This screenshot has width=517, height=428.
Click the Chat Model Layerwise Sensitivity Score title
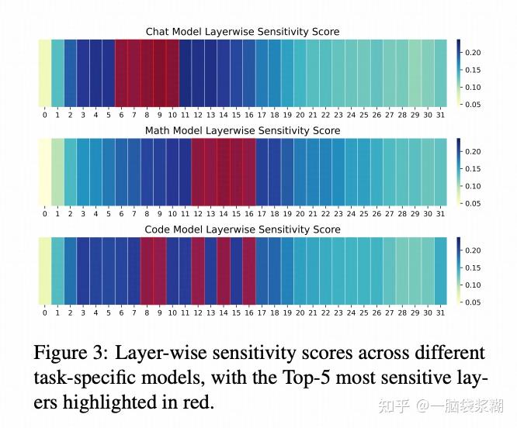(x=242, y=32)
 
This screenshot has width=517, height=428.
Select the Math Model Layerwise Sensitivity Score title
(x=242, y=130)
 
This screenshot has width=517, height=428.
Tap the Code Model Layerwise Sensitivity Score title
(x=242, y=230)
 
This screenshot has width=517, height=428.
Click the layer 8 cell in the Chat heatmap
(x=147, y=72)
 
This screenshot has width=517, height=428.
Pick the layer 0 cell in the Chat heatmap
(x=44, y=72)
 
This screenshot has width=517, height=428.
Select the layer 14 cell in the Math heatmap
(x=223, y=171)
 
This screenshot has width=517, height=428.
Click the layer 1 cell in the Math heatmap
(x=57, y=171)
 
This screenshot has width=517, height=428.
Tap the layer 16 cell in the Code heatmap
(x=248, y=270)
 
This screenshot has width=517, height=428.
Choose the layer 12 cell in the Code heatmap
(x=198, y=270)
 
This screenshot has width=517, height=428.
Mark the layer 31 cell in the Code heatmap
(x=440, y=270)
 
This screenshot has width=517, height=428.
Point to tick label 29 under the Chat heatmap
(x=415, y=116)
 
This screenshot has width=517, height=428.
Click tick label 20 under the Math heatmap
(x=300, y=214)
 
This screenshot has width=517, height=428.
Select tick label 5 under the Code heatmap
(x=109, y=313)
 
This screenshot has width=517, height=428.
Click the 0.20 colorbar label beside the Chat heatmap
(x=473, y=52)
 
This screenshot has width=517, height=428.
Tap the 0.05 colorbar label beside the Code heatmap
(x=473, y=302)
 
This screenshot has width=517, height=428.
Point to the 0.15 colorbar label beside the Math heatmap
(x=473, y=168)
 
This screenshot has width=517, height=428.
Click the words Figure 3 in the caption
(x=70, y=354)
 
